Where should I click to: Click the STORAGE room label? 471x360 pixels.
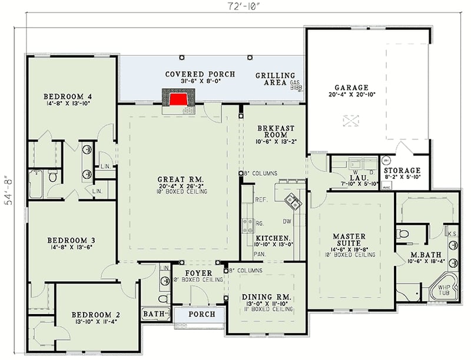pyautogui.click(x=402, y=170)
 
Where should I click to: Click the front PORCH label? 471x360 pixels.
pyautogui.click(x=201, y=314)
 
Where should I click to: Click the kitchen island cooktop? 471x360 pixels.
pyautogui.click(x=293, y=202)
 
